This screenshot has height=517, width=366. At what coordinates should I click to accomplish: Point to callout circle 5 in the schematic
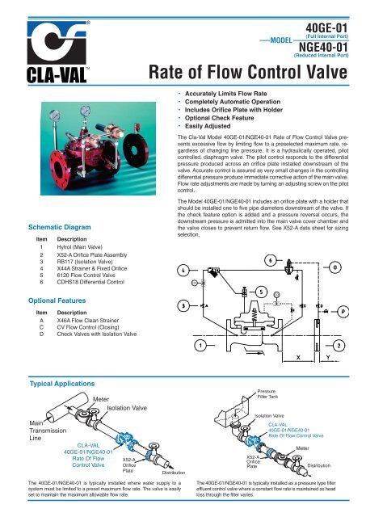[x=262, y=290]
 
